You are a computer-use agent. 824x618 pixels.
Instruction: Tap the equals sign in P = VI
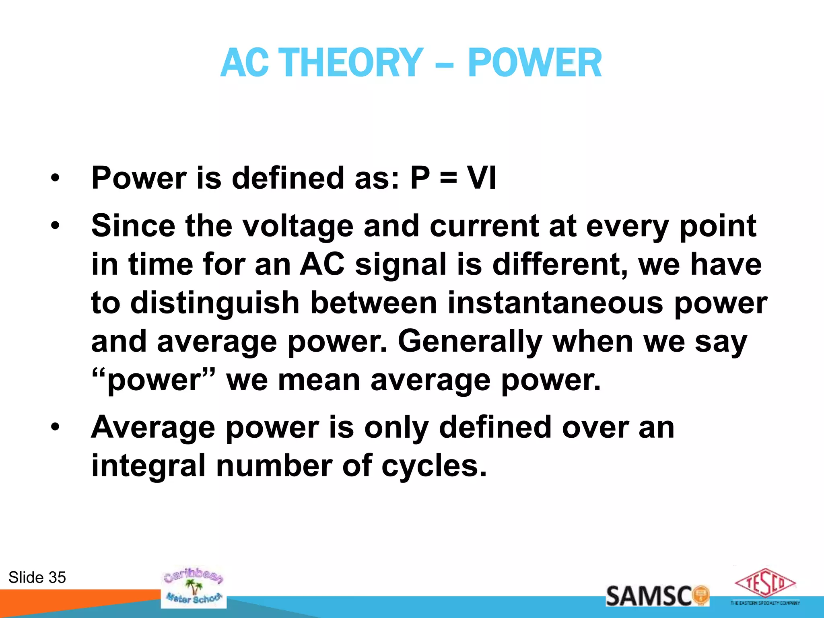click(448, 178)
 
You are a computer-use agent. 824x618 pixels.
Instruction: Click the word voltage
click(298, 226)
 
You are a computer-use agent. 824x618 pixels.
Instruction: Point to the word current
click(484, 226)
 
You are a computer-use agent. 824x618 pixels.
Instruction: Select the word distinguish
click(215, 303)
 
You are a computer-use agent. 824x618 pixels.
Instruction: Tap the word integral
click(148, 466)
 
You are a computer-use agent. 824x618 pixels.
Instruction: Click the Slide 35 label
click(37, 577)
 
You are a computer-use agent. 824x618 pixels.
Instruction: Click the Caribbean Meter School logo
click(194, 587)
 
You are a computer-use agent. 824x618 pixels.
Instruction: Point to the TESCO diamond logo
click(765, 584)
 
